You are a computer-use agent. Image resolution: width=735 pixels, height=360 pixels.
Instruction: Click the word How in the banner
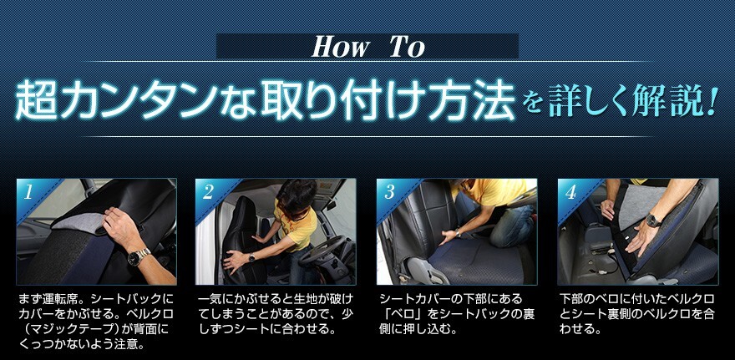(341, 47)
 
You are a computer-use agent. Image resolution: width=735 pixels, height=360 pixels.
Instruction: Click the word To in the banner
(408, 47)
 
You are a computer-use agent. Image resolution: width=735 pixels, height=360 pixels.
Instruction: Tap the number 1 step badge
(28, 193)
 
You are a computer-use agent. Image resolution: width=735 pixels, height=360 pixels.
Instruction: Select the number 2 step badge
(208, 193)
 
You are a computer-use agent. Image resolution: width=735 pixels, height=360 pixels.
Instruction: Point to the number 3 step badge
(389, 193)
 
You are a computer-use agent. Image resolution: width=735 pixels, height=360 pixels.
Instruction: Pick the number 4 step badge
(570, 193)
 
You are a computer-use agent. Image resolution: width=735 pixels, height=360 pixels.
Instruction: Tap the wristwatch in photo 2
(251, 257)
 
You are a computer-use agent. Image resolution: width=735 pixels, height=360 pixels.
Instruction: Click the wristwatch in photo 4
(653, 221)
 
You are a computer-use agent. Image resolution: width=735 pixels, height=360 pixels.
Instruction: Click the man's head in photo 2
(297, 197)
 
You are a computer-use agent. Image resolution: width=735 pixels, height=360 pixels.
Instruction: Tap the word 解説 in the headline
(666, 100)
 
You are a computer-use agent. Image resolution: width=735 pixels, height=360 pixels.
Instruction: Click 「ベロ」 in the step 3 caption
(405, 312)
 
